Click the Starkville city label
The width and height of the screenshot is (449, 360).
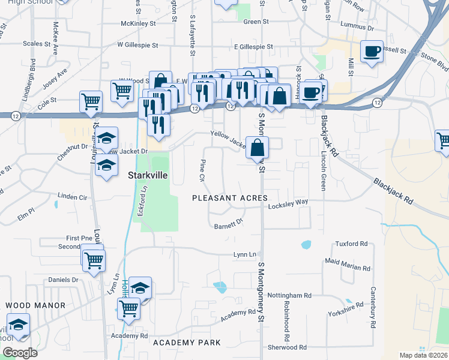click(148, 177)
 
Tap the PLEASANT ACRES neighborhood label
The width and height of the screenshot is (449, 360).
click(230, 198)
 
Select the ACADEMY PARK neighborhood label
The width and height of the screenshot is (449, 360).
click(187, 343)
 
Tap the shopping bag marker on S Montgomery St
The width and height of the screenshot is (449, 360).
click(257, 148)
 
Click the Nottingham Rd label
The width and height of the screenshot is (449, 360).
click(291, 295)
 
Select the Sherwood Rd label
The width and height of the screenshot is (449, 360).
click(287, 347)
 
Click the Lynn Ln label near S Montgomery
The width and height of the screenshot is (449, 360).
click(245, 255)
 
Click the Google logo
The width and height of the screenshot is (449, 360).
click(20, 352)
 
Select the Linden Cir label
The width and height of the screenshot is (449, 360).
click(72, 197)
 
